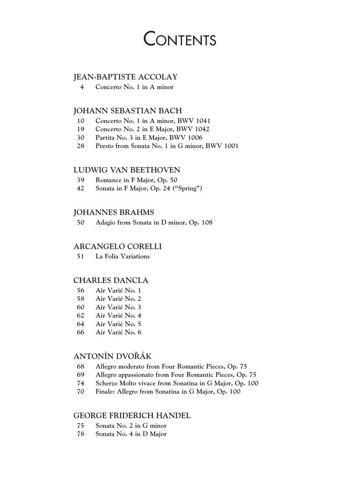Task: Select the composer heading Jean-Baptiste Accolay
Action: (125, 77)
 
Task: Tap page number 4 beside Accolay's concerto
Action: (82, 87)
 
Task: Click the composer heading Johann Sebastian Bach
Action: (127, 111)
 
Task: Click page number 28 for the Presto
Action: (80, 146)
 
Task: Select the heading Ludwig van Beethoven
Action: (127, 170)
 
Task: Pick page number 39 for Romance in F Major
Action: (80, 180)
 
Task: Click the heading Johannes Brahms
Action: (114, 212)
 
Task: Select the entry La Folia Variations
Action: (122, 256)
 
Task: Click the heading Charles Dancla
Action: (111, 280)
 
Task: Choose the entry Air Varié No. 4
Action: (118, 315)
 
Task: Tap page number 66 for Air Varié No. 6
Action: (80, 332)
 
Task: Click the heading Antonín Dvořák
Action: (112, 356)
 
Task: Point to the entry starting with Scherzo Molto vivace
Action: (177, 383)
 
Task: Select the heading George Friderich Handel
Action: (132, 415)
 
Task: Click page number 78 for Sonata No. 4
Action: (80, 434)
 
